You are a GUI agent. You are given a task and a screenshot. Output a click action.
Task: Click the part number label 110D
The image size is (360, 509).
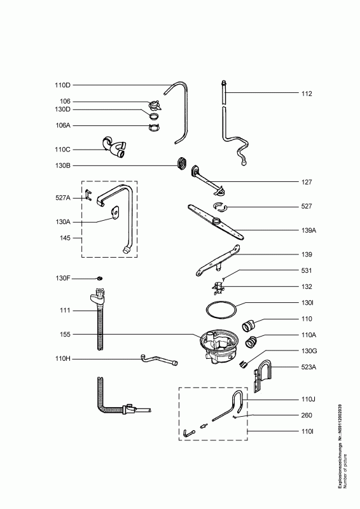click(62, 85)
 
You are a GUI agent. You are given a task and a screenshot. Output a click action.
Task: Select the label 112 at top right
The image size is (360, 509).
click(307, 94)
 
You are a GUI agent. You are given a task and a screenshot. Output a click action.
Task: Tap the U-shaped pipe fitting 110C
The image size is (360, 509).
click(114, 148)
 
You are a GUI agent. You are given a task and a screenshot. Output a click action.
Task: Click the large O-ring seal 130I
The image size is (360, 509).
click(221, 310)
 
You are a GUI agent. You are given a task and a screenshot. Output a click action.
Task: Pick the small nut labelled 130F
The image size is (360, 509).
click(100, 278)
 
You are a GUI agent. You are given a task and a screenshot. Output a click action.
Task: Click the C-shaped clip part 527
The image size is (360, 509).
click(221, 206)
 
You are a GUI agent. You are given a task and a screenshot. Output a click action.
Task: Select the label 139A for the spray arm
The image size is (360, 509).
click(308, 230)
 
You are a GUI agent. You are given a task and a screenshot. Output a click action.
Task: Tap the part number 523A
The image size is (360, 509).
click(308, 367)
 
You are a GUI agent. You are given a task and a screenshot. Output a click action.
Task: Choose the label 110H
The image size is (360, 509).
click(63, 359)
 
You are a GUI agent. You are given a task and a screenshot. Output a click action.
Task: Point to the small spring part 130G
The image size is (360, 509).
click(244, 365)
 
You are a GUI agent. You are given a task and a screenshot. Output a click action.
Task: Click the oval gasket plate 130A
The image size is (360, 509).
click(114, 212)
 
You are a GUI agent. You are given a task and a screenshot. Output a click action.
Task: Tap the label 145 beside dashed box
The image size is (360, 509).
click(65, 238)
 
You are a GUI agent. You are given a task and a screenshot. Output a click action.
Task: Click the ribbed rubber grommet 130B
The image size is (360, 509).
click(182, 162)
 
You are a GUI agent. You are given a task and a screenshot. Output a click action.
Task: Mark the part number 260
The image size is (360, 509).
click(307, 415)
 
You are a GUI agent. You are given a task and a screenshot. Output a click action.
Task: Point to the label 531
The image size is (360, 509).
click(307, 270)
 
